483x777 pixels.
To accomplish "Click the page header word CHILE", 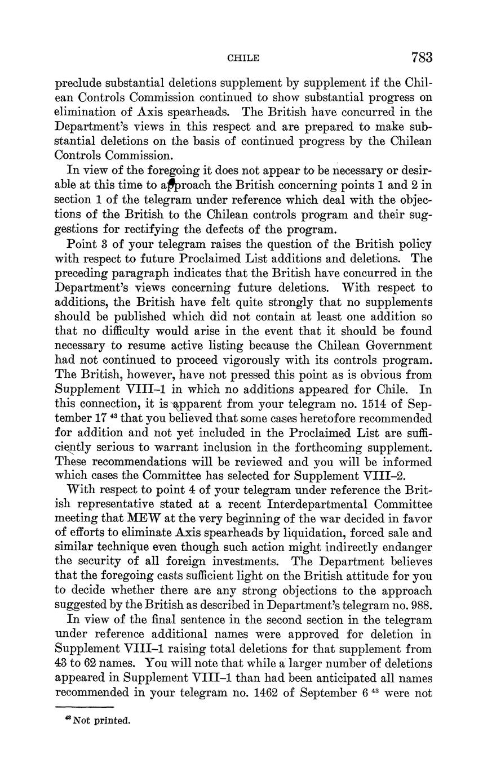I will (x=243, y=58).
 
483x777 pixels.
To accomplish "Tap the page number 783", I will (x=422, y=57).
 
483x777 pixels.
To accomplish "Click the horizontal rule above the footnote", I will (x=85, y=707).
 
